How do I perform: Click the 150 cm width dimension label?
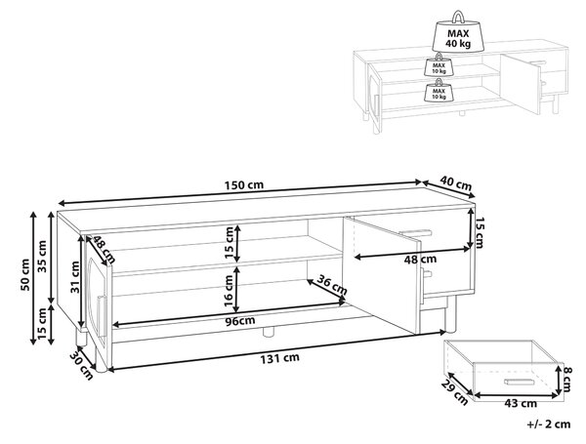pos(244,184)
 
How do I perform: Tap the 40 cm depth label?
pos(455,183)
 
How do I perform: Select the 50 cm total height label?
pos(24,274)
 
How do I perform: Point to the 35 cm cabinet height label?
pos(42,257)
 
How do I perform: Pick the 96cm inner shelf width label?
pos(240,321)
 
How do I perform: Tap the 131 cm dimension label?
pos(279,358)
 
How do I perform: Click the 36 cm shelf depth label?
pos(332,285)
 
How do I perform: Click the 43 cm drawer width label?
pos(521,403)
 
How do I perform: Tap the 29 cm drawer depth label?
pos(454,392)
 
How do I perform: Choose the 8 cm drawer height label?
pos(566,380)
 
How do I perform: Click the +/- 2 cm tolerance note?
pos(549,424)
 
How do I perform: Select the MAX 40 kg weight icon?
pos(458,31)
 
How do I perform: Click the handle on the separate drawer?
pos(519,382)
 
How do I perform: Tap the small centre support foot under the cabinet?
pos(269,332)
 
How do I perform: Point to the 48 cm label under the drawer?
pos(420,260)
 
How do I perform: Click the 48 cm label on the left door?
pos(104,249)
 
